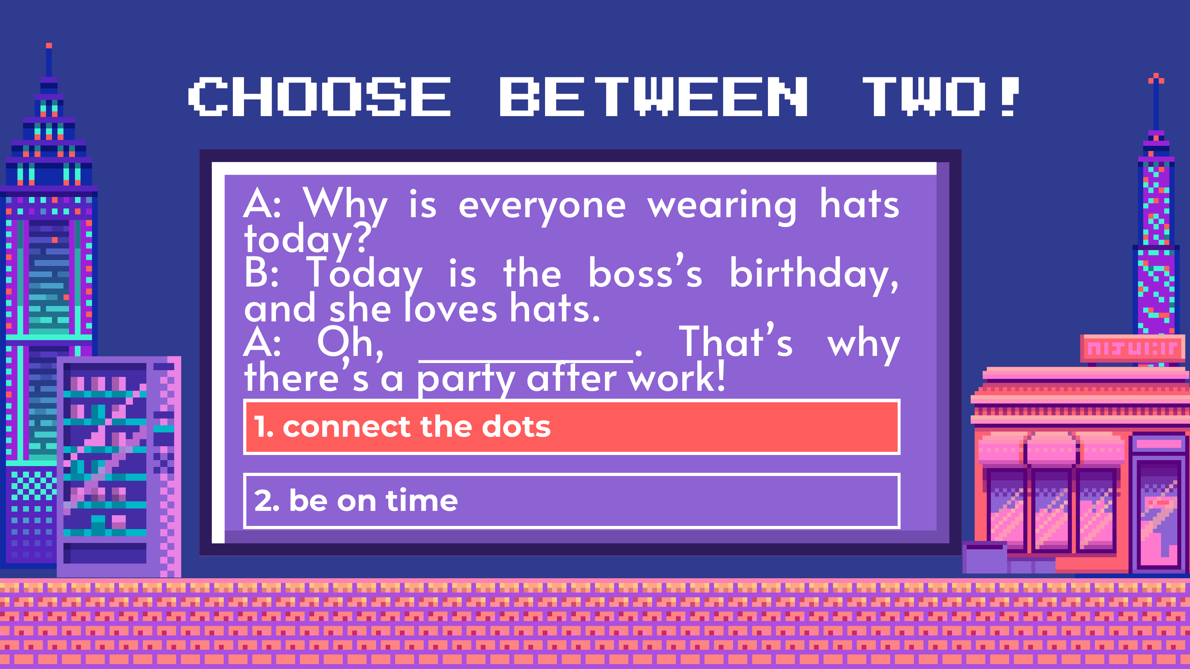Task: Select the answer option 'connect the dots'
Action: pyautogui.click(x=572, y=426)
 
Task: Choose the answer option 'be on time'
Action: pyautogui.click(x=572, y=501)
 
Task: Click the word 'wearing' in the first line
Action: pyautogui.click(x=722, y=207)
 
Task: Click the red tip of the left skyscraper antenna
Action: pyautogui.click(x=49, y=45)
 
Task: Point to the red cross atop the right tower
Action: pyautogui.click(x=1156, y=79)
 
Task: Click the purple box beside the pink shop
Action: pyautogui.click(x=985, y=558)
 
